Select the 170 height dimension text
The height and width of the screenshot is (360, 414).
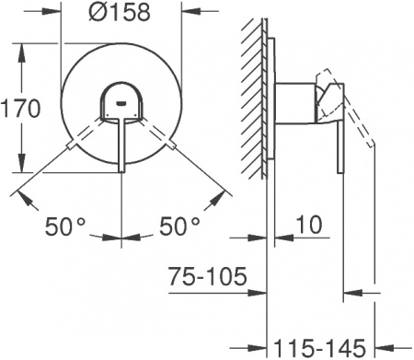(x=20, y=108)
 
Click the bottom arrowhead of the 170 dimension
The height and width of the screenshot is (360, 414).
(x=19, y=171)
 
